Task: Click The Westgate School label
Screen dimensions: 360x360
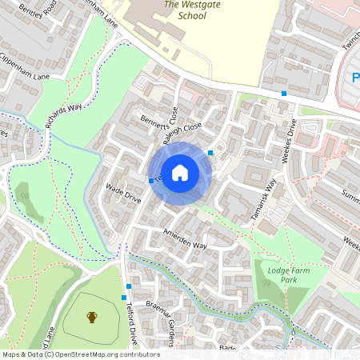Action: pyautogui.click(x=190, y=10)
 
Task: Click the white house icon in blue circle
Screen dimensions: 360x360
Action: pyautogui.click(x=180, y=172)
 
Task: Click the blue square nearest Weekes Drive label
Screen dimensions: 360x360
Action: pyautogui.click(x=284, y=94)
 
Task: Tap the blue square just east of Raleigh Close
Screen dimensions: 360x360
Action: pyautogui.click(x=210, y=152)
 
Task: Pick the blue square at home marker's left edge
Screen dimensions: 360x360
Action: pyautogui.click(x=151, y=181)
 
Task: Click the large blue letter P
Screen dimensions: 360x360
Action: pyautogui.click(x=355, y=78)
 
